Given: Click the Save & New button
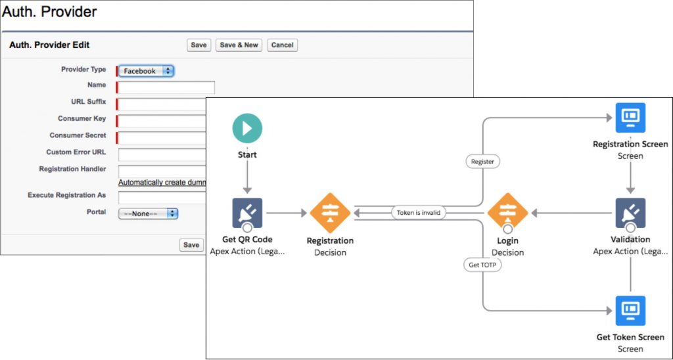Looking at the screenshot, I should tap(239, 45).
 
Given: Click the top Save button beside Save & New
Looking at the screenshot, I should tap(198, 45).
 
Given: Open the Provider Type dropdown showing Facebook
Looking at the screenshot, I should tap(146, 71).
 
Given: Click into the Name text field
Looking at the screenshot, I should tap(166, 87).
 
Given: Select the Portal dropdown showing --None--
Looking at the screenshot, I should tap(149, 214).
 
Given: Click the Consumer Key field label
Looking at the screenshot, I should tap(81, 119).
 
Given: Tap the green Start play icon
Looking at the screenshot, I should tap(247, 129).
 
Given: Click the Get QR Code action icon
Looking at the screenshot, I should tap(247, 213).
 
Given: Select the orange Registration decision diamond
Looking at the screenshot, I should tap(330, 213).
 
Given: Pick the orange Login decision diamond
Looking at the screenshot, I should tap(507, 213).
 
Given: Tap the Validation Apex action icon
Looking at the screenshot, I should tap(630, 213).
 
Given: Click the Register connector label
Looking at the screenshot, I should tap(483, 161).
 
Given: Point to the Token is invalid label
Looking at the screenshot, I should tap(419, 213).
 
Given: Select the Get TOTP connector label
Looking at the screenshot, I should tap(483, 265).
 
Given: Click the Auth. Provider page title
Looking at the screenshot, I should tap(49, 12).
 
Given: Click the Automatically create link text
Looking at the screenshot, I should tap(162, 182).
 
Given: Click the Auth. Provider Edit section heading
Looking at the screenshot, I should tap(49, 45).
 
